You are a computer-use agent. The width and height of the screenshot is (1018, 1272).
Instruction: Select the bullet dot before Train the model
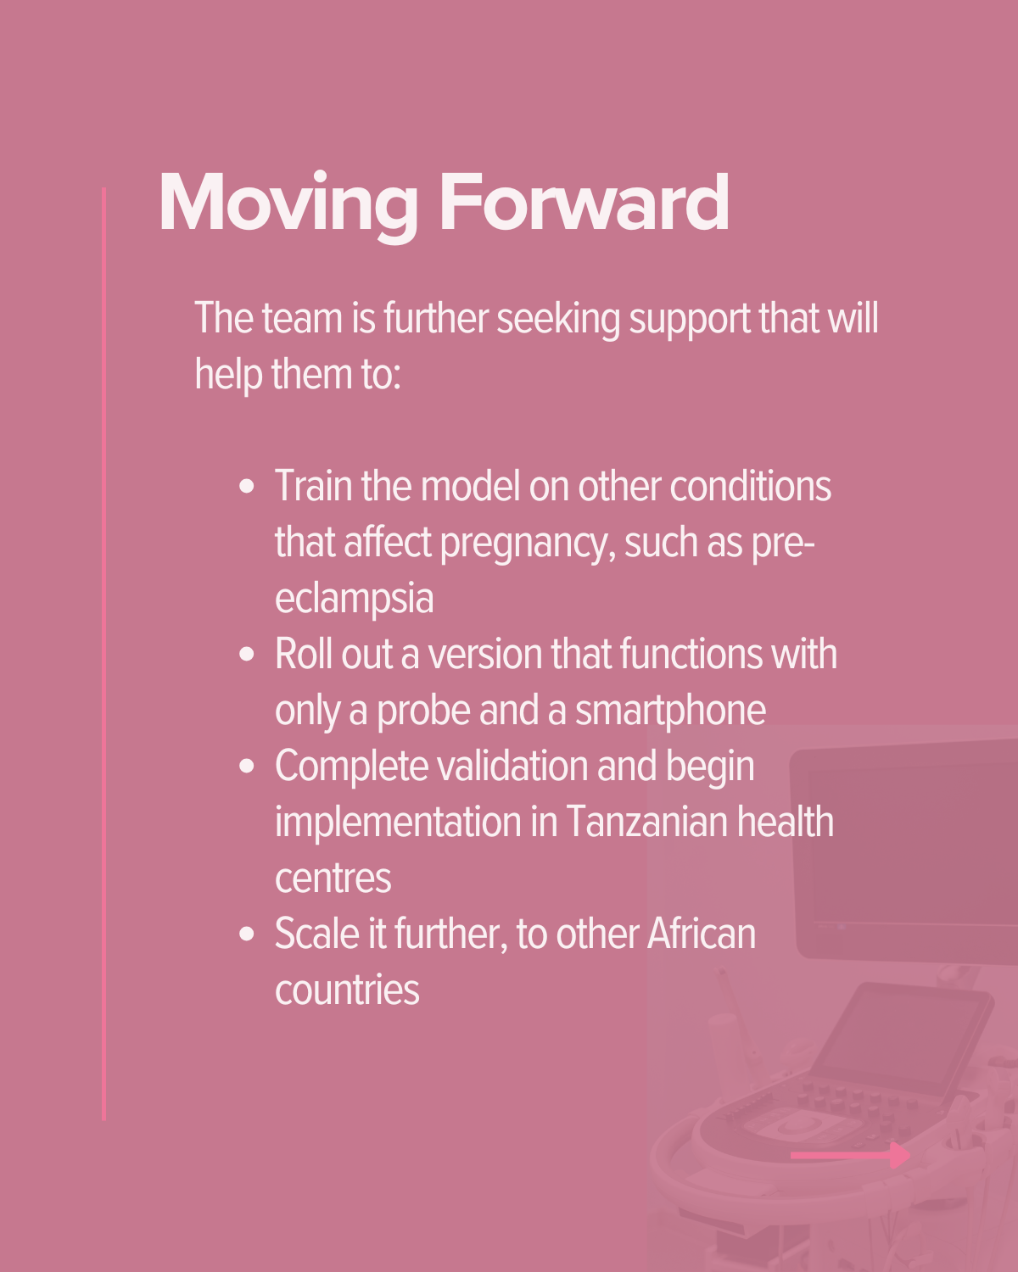pyautogui.click(x=247, y=487)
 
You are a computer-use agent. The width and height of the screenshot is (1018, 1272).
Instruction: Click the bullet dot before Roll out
pyautogui.click(x=247, y=655)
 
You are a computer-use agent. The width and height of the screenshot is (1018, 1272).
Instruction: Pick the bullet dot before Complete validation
pyautogui.click(x=247, y=766)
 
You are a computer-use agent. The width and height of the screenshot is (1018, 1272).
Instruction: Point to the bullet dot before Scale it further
pyautogui.click(x=247, y=934)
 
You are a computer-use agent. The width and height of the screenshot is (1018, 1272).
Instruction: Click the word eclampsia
pyautogui.click(x=355, y=600)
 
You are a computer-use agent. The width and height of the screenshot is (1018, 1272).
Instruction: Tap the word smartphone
pyautogui.click(x=670, y=711)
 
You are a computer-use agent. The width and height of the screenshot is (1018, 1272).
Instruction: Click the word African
pyautogui.click(x=701, y=934)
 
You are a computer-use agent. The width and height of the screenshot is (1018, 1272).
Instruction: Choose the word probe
pyautogui.click(x=423, y=711)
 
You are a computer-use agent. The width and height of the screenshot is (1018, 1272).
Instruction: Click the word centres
pyautogui.click(x=333, y=879)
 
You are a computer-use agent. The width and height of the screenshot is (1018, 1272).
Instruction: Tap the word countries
pyautogui.click(x=347, y=990)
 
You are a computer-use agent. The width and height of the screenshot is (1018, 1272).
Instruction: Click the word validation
pyautogui.click(x=512, y=766)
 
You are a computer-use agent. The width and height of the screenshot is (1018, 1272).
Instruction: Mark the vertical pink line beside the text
pyautogui.click(x=104, y=653)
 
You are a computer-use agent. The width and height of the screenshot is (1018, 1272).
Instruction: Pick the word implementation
pyautogui.click(x=398, y=823)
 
